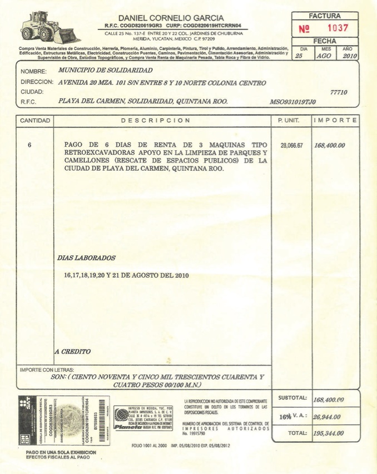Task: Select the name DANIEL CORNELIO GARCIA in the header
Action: click(x=171, y=18)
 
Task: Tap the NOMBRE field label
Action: click(x=33, y=72)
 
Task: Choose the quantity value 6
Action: click(x=29, y=146)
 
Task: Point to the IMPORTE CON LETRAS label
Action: click(x=47, y=369)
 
